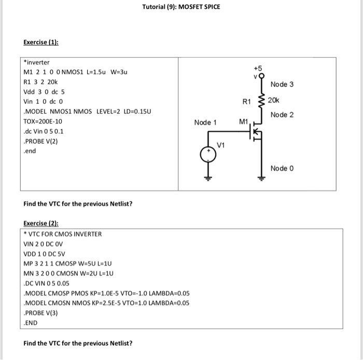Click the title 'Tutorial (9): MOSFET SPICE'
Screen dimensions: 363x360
pos(181,7)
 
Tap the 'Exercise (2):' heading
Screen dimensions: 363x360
pos(41,224)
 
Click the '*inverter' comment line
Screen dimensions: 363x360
pos(37,63)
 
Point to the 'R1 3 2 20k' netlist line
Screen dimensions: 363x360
pos(41,82)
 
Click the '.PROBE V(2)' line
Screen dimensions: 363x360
pos(40,141)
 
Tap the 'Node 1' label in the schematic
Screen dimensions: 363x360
pos(205,122)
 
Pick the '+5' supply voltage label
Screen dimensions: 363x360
pos(258,68)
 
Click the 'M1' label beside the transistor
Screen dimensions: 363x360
pos(244,122)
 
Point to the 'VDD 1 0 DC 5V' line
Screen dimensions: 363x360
pos(46,254)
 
